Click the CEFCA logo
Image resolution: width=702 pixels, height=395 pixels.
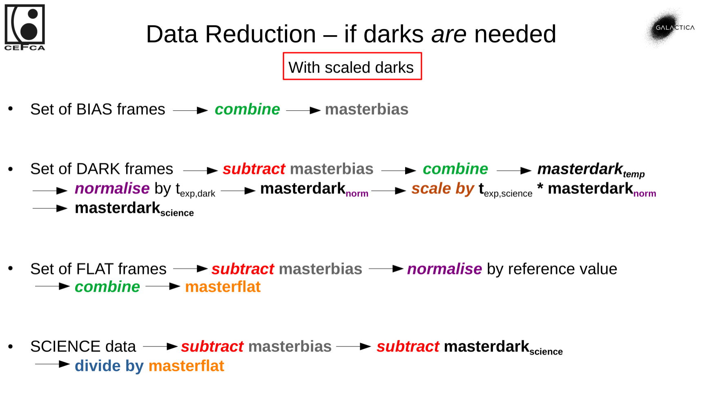coord(25,27)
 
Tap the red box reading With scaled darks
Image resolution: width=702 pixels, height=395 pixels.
coord(352,67)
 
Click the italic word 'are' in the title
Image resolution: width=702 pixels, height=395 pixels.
coord(448,34)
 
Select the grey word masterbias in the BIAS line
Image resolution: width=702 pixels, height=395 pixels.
coord(366,109)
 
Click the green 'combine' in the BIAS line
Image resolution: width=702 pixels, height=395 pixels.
coord(247,109)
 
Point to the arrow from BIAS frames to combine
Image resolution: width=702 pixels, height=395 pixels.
coord(190,110)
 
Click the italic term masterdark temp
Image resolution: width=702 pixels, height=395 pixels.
coord(591,170)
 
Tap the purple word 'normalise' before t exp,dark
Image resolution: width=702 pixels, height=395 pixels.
coord(112,189)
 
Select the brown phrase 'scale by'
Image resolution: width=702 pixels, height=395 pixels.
coord(442,189)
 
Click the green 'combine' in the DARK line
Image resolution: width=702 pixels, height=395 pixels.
coord(455,169)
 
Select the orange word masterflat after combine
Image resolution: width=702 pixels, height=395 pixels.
coord(223,287)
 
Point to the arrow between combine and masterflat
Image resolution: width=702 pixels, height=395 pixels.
coord(163,286)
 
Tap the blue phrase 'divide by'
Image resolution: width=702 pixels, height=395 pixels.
coord(109,366)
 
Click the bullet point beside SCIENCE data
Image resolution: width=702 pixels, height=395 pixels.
coord(11,347)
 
